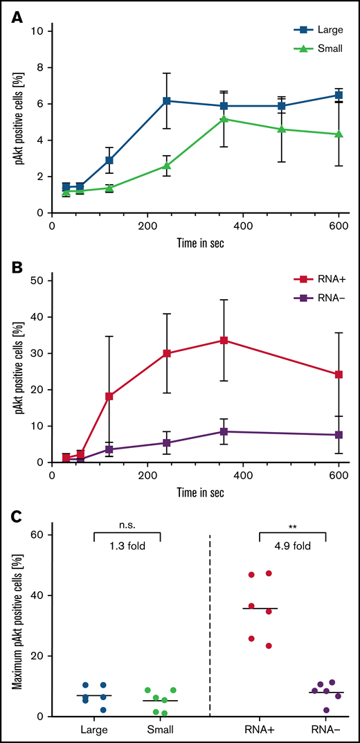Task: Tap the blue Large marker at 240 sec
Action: point(166,101)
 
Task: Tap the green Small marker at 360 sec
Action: point(224,119)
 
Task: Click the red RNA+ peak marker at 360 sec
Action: point(224,340)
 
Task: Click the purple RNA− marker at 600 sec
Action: point(339,435)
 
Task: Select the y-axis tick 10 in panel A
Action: point(41,31)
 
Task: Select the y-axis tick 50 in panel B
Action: point(41,280)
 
